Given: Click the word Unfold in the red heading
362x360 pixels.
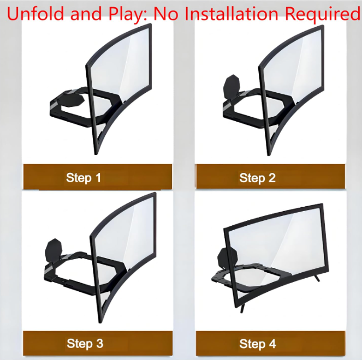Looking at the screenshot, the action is tap(36, 14).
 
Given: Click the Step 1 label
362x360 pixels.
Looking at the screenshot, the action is tap(84, 178).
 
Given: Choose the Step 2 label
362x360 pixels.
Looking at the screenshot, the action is tap(257, 178).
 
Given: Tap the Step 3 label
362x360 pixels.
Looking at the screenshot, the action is tap(85, 344).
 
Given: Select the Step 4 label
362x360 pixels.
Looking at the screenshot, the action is tap(258, 344).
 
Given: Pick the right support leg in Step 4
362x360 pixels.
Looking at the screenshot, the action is tap(317, 278).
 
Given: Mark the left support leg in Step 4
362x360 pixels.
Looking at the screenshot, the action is tap(242, 308).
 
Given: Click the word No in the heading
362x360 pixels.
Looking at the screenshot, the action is tap(166, 14).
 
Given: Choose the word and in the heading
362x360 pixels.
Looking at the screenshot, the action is tap(86, 14).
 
